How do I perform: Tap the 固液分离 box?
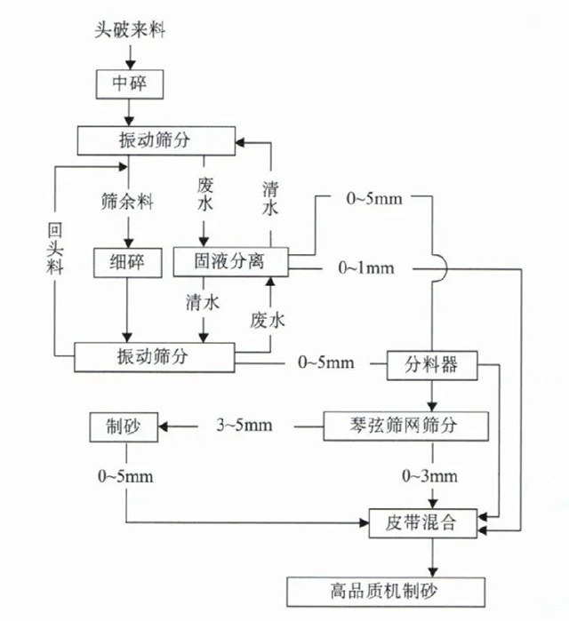click(x=230, y=261)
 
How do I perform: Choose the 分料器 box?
click(x=433, y=363)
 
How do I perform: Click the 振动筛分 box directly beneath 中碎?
click(x=156, y=140)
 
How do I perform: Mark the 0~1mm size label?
click(x=365, y=267)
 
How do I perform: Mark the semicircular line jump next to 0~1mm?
click(x=434, y=267)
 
